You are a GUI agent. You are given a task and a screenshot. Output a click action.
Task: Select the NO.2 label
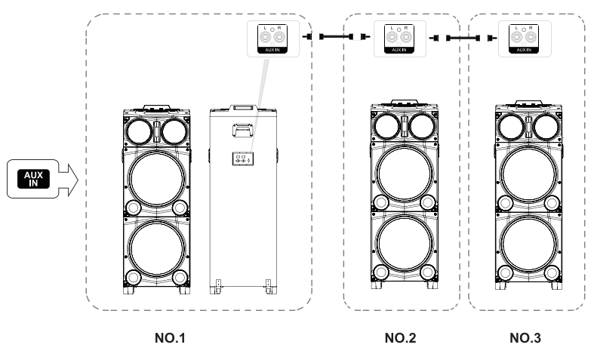[400, 337]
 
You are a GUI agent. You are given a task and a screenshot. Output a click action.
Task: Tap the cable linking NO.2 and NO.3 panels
[461, 35]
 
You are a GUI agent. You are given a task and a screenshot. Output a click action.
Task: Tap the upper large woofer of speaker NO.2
[404, 175]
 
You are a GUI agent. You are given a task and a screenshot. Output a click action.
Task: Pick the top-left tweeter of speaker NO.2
[386, 126]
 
